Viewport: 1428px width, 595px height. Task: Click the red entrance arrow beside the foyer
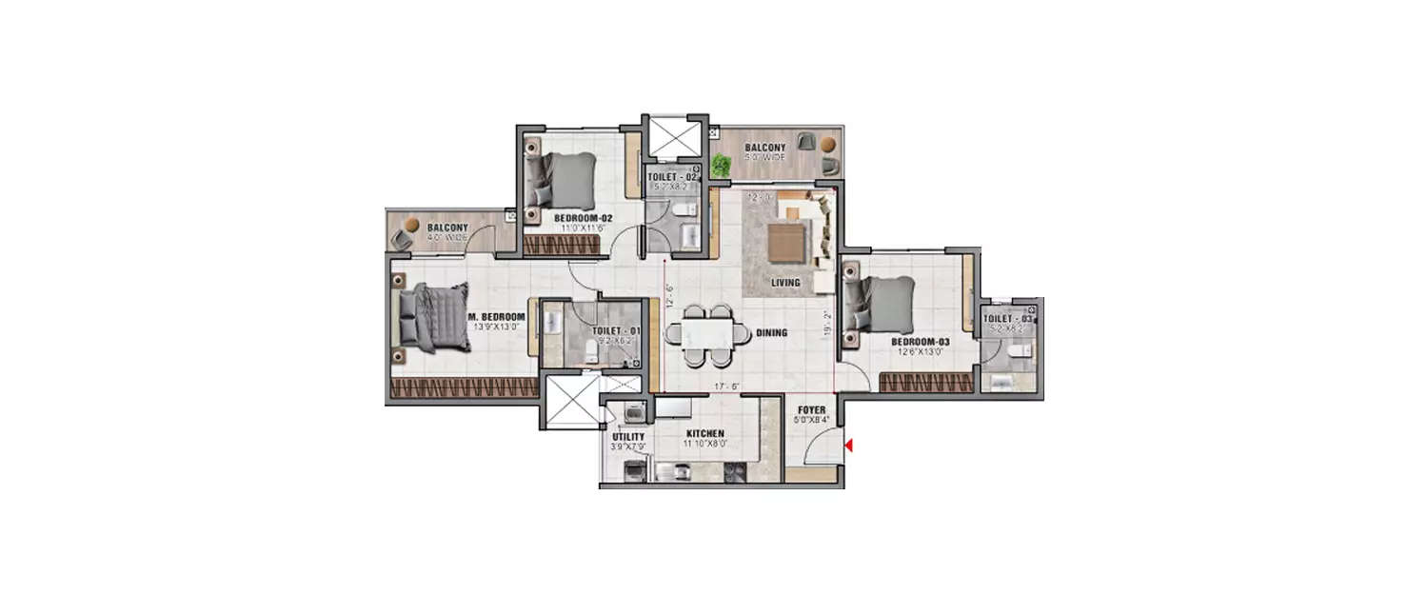(x=849, y=445)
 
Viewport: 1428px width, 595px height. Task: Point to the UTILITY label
(x=622, y=437)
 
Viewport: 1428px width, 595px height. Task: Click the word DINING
(x=771, y=333)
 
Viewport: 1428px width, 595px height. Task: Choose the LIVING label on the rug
(x=785, y=283)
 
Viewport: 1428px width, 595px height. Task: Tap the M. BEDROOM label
(x=496, y=316)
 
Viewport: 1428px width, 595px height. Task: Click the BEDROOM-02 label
(x=582, y=218)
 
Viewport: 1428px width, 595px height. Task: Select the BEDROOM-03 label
(x=921, y=341)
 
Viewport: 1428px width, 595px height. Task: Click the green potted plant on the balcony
(x=722, y=166)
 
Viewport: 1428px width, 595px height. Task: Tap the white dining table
(x=700, y=333)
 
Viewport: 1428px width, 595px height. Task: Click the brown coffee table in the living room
(x=786, y=240)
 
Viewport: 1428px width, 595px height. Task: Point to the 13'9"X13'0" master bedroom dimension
(x=496, y=327)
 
